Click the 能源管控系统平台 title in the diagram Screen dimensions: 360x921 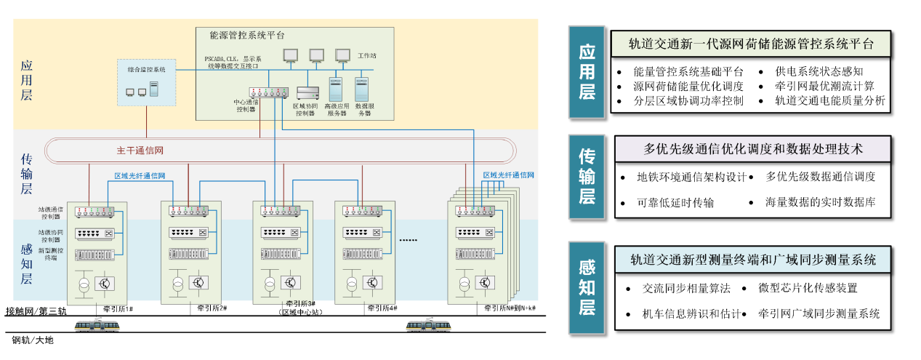(246, 35)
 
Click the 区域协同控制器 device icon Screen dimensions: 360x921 (308, 93)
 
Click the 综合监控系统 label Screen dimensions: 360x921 (146, 70)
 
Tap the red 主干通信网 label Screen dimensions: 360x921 (140, 151)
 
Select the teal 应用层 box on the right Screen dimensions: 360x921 (586, 72)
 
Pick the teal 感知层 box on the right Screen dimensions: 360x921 (586, 288)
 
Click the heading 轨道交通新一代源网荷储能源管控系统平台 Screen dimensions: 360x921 (751, 44)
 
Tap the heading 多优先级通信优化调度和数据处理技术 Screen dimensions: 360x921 (753, 149)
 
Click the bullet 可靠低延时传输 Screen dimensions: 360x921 (675, 203)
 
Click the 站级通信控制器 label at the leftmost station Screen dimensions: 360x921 (52, 212)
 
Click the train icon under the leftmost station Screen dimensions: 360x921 (97, 324)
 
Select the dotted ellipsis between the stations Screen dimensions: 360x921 (409, 239)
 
